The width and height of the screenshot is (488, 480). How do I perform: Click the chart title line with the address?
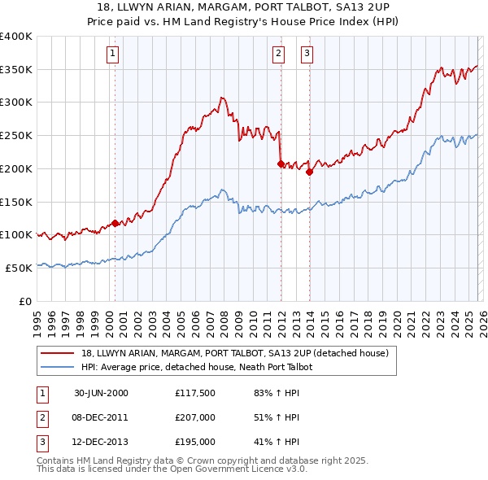[x=244, y=7]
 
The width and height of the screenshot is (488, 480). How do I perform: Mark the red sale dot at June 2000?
[x=115, y=222]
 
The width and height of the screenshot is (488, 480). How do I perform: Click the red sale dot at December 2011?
[x=281, y=164]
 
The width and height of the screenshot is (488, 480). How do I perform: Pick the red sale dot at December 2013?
[x=310, y=171]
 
